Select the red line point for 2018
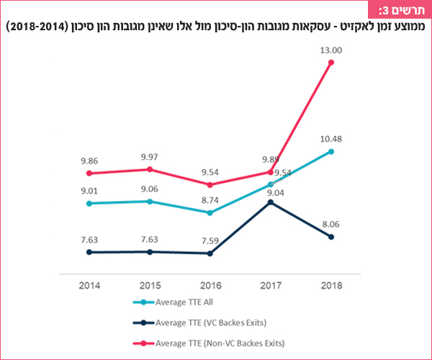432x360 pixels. (331, 63)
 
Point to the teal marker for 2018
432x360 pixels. (331, 151)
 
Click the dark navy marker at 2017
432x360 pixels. (271, 202)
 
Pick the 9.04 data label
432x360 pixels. (271, 192)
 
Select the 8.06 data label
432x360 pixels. (331, 224)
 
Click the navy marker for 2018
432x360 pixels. (331, 237)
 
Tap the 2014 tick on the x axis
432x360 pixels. (89, 286)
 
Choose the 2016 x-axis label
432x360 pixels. (210, 286)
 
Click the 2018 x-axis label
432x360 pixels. (331, 286)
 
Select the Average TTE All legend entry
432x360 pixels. (180, 303)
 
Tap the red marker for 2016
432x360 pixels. (210, 184)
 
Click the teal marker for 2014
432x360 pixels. (89, 203)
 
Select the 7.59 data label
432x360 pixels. (210, 241)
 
